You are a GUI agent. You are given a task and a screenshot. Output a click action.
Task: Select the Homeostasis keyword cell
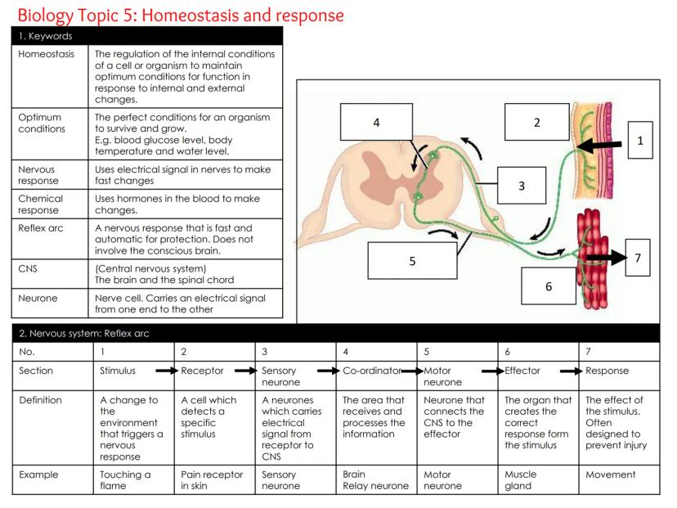47,54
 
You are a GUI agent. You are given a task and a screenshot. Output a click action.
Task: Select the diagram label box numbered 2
536,123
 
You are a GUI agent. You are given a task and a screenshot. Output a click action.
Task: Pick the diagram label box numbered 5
412,261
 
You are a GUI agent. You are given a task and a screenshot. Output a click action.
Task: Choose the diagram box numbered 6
549,286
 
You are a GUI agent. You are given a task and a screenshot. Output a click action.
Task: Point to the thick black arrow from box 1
602,147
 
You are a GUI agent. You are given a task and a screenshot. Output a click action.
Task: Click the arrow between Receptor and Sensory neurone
244,371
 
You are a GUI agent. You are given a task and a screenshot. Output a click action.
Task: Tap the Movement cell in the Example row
611,474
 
